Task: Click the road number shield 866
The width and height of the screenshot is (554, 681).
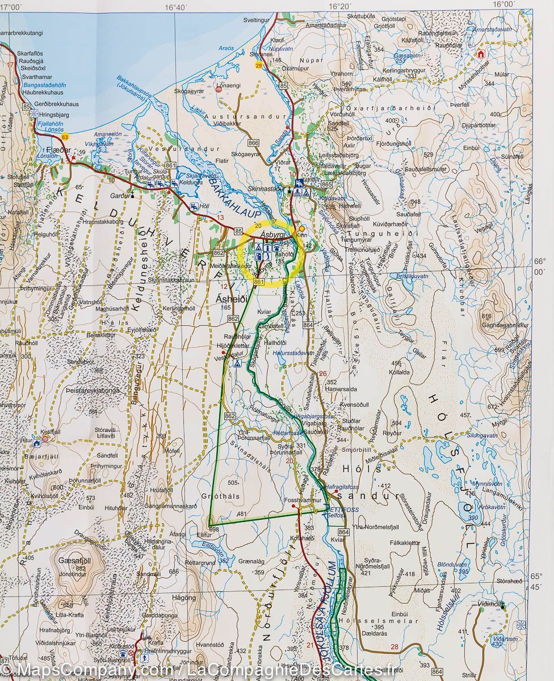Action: point(254,143)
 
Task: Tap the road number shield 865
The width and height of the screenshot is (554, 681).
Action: point(326,185)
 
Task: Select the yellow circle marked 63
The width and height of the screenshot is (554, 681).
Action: point(66,136)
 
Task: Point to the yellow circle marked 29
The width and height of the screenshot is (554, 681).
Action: point(259,66)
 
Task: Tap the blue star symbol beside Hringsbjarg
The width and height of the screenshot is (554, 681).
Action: point(35,113)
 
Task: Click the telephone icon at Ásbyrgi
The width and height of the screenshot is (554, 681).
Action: point(276,247)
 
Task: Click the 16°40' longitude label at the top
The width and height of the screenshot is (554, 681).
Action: point(175,7)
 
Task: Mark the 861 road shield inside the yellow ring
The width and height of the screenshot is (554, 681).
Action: point(261,281)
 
